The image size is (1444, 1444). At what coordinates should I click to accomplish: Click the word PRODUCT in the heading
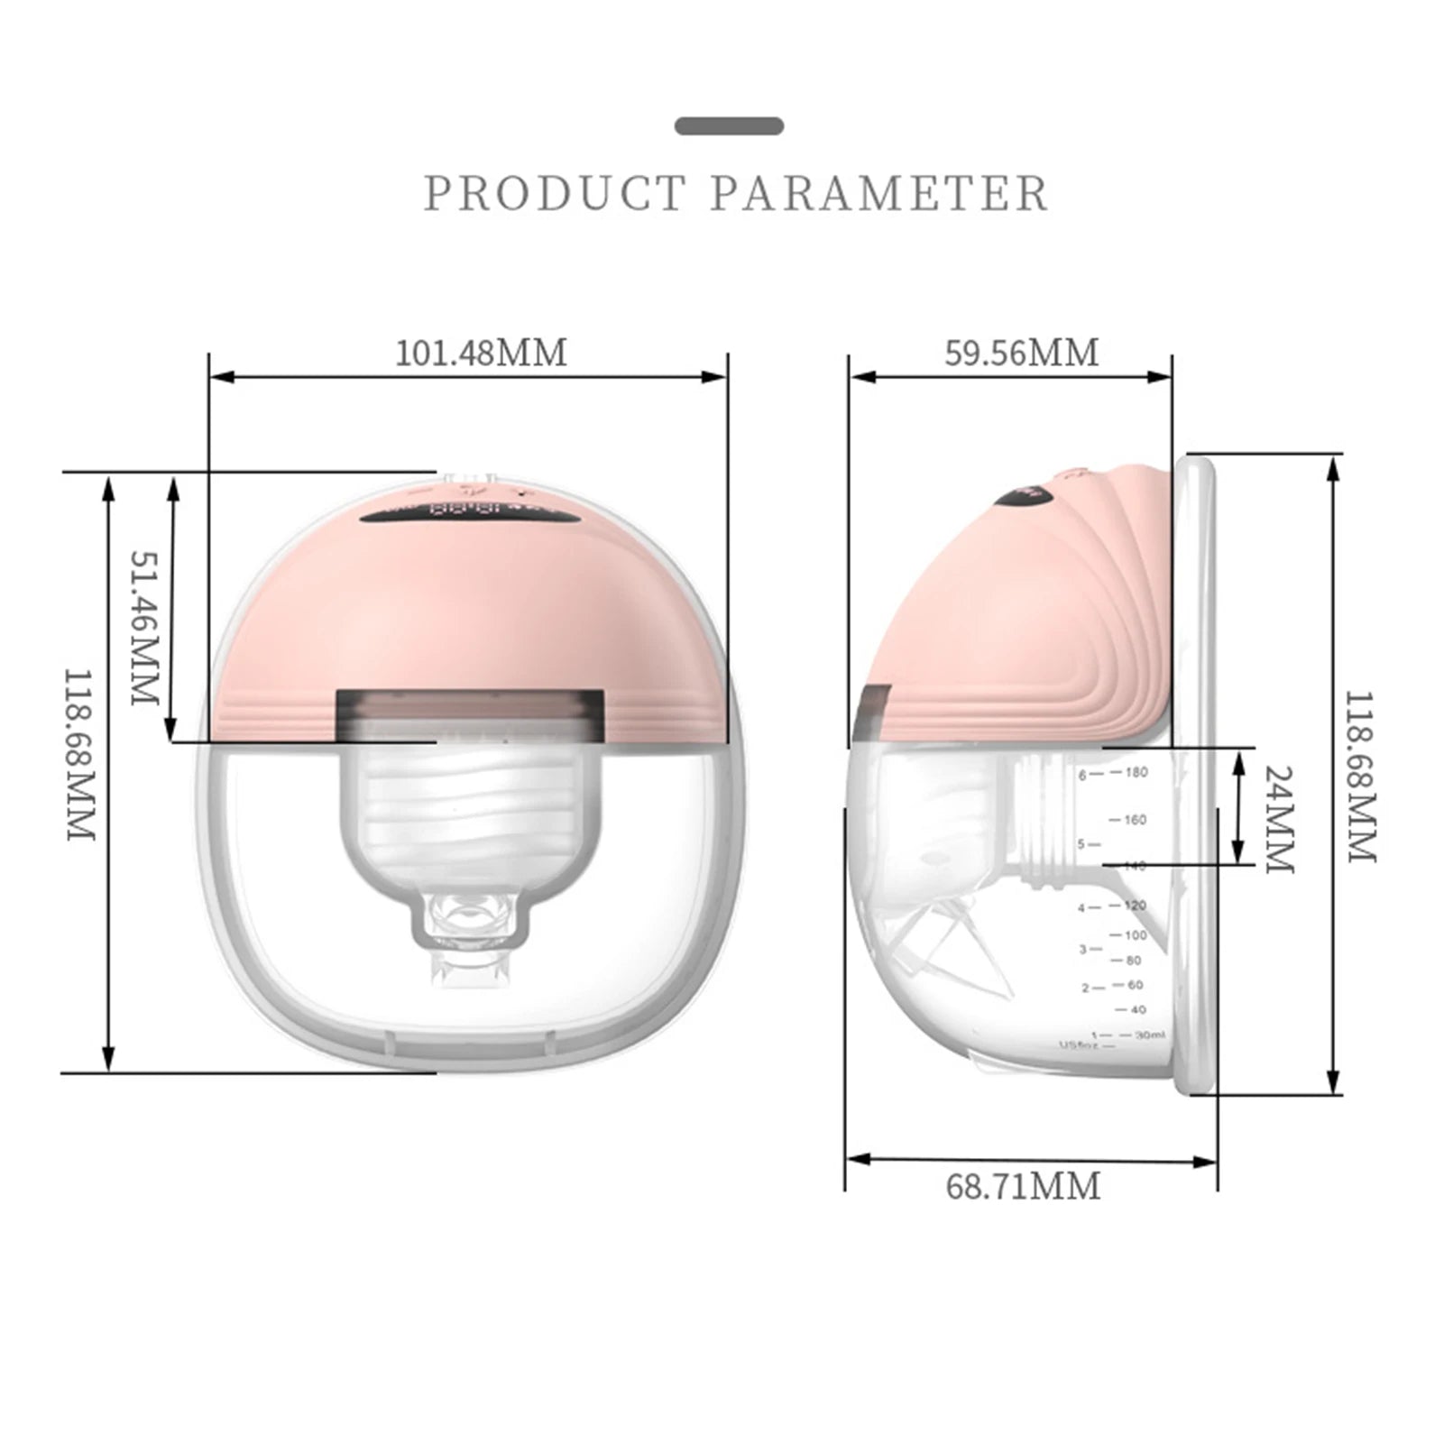click(x=555, y=194)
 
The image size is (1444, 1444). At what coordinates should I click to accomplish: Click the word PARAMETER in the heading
click(x=879, y=194)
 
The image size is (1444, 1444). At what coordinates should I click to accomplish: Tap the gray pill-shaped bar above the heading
click(x=729, y=126)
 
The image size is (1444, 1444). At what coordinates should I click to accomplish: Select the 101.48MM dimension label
click(x=482, y=353)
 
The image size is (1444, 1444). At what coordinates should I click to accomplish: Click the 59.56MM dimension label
click(x=1022, y=353)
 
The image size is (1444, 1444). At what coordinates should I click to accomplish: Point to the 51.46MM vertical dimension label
click(x=144, y=628)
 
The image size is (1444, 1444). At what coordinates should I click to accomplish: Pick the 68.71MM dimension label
click(x=1023, y=1186)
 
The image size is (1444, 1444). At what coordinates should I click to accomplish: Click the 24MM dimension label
click(x=1279, y=819)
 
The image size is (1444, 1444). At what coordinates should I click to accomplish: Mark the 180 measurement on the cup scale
click(x=1136, y=772)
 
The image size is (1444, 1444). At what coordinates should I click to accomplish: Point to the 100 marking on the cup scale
click(x=1135, y=935)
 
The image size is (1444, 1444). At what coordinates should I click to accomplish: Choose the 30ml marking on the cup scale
click(x=1149, y=1035)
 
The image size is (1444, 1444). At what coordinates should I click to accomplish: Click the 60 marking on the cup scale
click(x=1135, y=985)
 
